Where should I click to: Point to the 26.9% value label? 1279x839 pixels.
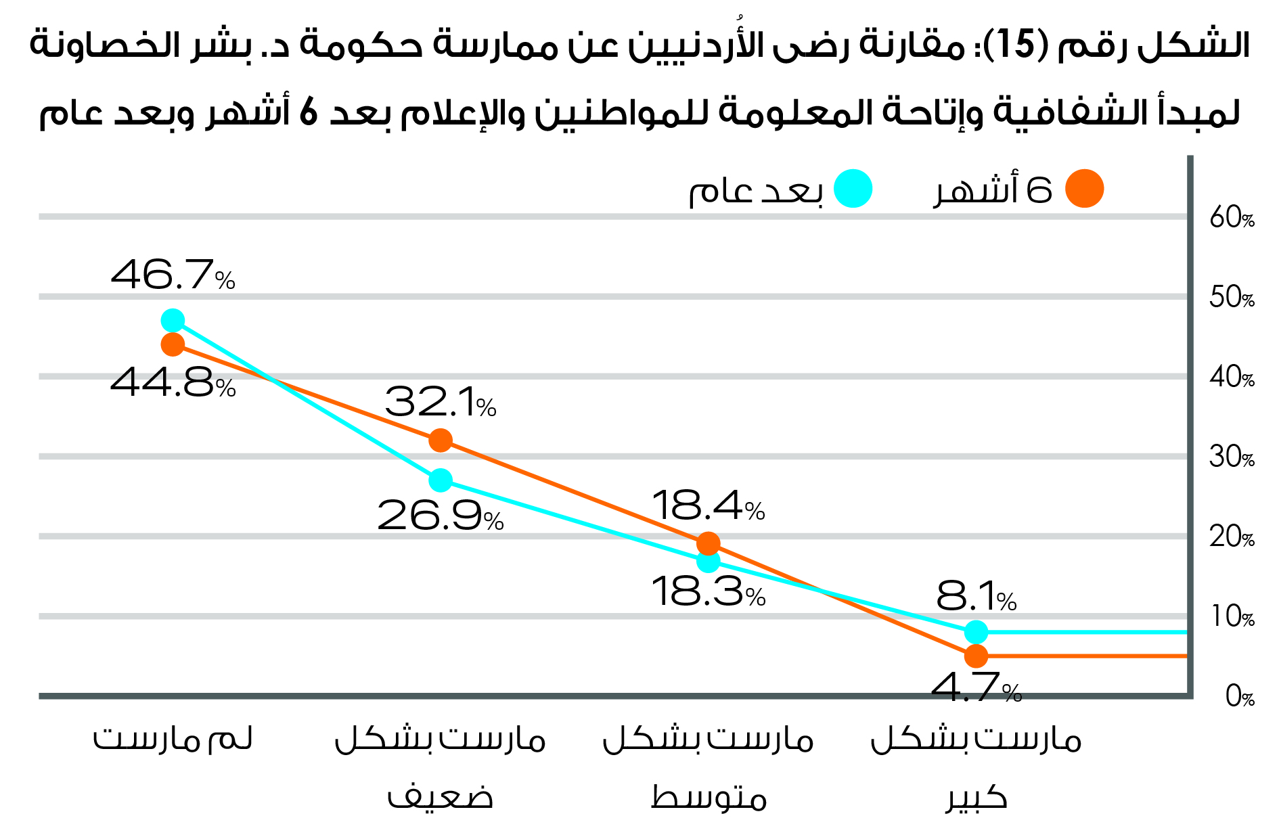coord(441,516)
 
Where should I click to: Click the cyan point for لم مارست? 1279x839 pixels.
coord(173,320)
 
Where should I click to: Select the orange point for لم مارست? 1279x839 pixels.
coord(173,344)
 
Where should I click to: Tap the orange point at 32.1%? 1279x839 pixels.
coord(441,440)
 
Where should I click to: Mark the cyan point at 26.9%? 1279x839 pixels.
coord(441,480)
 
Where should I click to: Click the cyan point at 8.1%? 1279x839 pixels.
coord(976,632)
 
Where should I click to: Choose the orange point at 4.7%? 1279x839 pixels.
coord(976,656)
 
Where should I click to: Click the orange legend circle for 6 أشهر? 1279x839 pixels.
coord(1084,189)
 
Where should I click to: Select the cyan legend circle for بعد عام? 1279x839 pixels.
coord(853,189)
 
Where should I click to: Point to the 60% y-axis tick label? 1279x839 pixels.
coord(1232,218)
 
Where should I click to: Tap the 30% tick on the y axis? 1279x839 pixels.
coord(1232,457)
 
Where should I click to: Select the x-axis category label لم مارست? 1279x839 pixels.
coord(173,739)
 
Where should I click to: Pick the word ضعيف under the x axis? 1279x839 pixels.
coord(441,797)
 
